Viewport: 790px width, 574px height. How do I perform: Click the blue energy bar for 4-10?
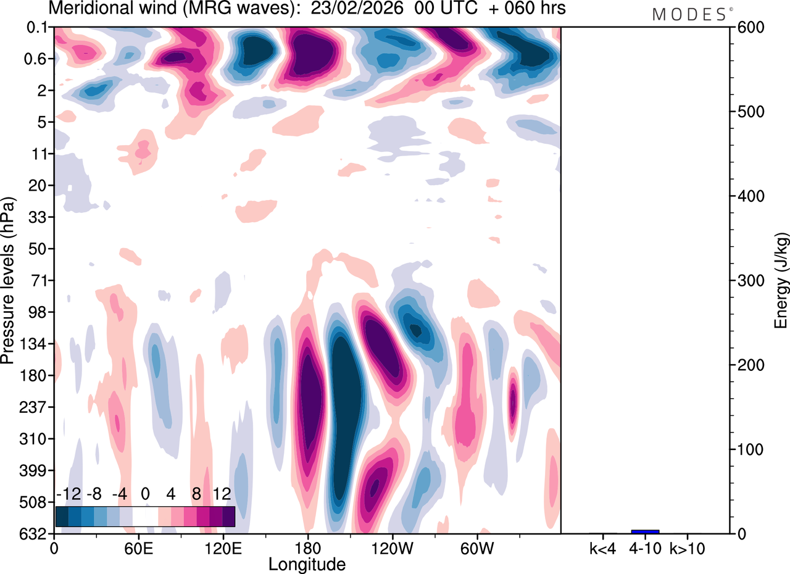(x=645, y=531)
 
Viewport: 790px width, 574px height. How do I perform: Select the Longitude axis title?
(x=307, y=564)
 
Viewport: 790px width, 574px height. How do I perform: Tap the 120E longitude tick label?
(x=223, y=547)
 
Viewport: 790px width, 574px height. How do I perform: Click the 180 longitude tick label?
(x=307, y=547)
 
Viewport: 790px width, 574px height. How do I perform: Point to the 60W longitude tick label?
(x=476, y=547)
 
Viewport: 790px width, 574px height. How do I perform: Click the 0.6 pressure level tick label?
(x=38, y=59)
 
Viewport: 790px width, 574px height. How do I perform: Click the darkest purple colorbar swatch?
(x=228, y=516)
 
